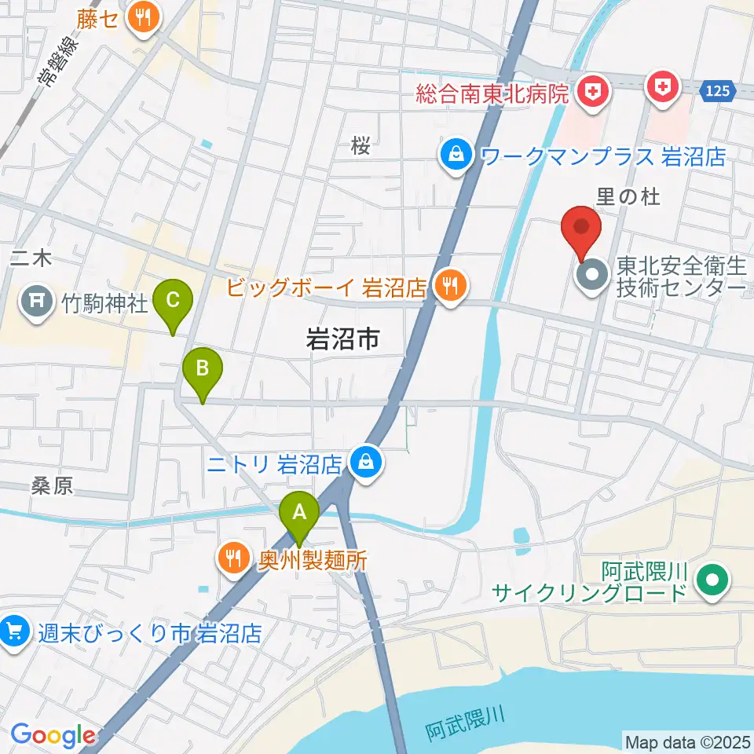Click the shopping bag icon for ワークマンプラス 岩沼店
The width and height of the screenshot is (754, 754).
coord(456,156)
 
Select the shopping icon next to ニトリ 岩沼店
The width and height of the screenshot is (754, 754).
coord(366,463)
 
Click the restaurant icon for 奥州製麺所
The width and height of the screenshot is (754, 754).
coord(232,559)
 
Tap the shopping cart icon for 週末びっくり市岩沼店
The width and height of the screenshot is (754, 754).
coord(13,632)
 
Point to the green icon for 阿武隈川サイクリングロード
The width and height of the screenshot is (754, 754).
coord(713,582)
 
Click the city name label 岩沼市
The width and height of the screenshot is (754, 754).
coord(342,339)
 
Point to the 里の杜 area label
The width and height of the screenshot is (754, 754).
coord(628,197)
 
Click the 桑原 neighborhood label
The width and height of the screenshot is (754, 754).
coord(53,486)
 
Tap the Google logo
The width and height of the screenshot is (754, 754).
coord(53,735)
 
